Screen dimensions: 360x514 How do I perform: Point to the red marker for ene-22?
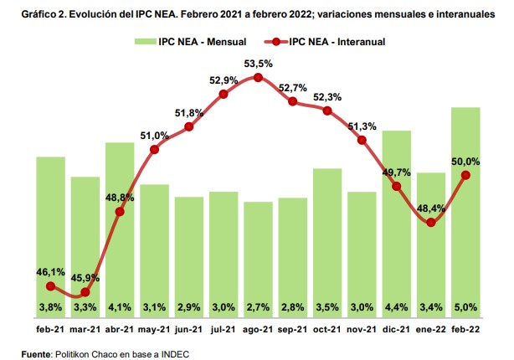[431, 223]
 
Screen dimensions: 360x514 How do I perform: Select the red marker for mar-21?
[85, 294]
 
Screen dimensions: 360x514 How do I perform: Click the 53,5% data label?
[258, 63]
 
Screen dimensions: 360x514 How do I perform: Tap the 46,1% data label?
[51, 272]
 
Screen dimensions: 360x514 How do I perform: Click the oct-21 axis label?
[327, 330]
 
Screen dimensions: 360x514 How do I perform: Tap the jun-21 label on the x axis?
[189, 330]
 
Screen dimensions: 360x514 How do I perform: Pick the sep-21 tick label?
[292, 330]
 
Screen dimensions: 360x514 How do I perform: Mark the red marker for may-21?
[155, 150]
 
